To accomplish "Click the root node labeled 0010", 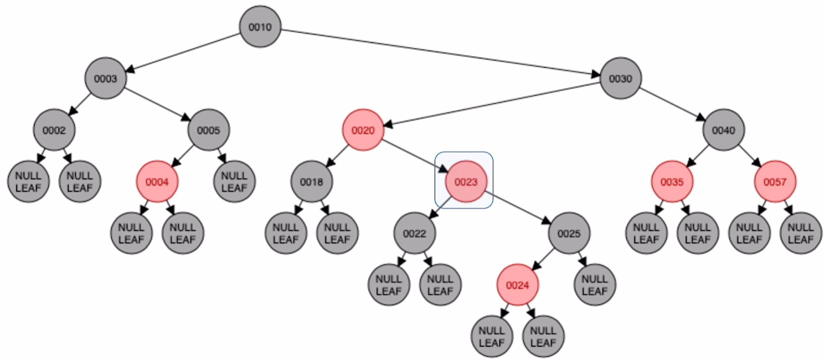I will click(x=260, y=27).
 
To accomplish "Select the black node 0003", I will click(x=105, y=78).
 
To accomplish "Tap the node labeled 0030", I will click(x=620, y=78).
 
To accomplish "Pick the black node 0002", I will click(x=54, y=130).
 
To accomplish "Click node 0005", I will click(x=208, y=130).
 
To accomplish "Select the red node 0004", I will click(x=157, y=182).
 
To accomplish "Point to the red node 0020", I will click(x=363, y=130).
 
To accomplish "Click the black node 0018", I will click(x=312, y=182).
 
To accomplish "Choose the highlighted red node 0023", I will click(x=466, y=182).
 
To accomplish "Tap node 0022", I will click(x=414, y=233).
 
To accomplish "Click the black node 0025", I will click(x=569, y=233).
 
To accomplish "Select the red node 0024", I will click(x=518, y=285).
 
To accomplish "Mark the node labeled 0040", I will click(x=723, y=130).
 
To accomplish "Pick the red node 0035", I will click(x=672, y=182).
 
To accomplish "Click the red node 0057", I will click(x=775, y=182).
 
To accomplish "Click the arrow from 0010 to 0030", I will click(x=439, y=52).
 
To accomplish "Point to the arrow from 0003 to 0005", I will click(x=157, y=104).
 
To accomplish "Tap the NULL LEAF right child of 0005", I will click(x=234, y=182).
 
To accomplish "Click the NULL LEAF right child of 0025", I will click(x=594, y=285).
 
